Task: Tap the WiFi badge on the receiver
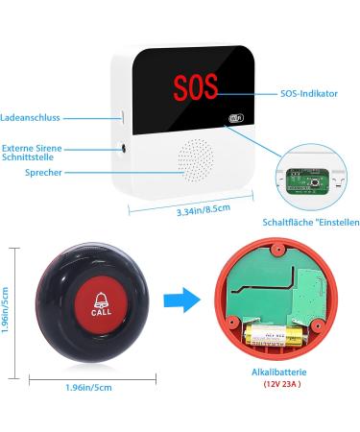[x=236, y=120]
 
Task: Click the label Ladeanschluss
[x=32, y=118]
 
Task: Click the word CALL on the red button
[x=100, y=313]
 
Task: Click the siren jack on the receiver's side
[x=124, y=148]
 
